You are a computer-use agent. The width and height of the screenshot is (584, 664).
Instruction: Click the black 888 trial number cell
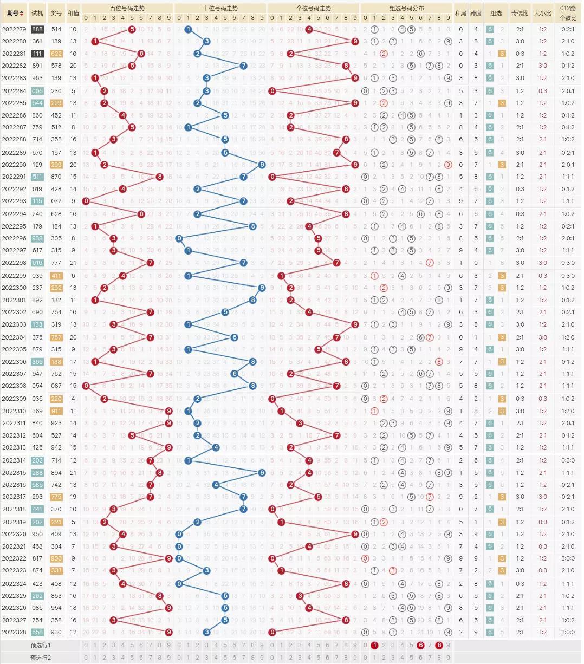tap(37, 29)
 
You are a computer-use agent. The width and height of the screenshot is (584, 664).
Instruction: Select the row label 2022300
tap(14, 288)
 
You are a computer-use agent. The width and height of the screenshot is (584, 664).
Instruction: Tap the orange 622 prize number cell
tap(56, 54)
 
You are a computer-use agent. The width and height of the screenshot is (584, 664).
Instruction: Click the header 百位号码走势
tap(127, 9)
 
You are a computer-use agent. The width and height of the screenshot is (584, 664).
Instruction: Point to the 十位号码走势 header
tap(220, 9)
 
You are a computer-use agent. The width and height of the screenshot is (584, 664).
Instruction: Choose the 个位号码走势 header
tap(314, 9)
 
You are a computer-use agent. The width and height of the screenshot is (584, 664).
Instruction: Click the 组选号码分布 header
tap(407, 9)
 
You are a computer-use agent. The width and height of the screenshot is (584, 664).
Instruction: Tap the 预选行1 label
tap(41, 646)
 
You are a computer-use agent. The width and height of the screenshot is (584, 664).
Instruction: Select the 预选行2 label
tap(41, 658)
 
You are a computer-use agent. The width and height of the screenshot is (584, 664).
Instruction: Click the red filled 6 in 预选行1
tap(420, 646)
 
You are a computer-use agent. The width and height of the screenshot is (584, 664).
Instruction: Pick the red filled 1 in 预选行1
tap(374, 646)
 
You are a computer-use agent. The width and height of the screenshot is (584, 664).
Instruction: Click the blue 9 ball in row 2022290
tap(262, 165)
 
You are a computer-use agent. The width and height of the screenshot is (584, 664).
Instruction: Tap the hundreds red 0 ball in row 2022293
tap(86, 201)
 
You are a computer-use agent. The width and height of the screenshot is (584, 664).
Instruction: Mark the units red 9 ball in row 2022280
tap(355, 41)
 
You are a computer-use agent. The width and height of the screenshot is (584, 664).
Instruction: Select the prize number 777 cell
tap(56, 263)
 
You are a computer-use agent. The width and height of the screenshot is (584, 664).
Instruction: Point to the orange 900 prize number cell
tap(56, 558)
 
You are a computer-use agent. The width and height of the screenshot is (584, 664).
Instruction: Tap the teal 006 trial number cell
tap(37, 91)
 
